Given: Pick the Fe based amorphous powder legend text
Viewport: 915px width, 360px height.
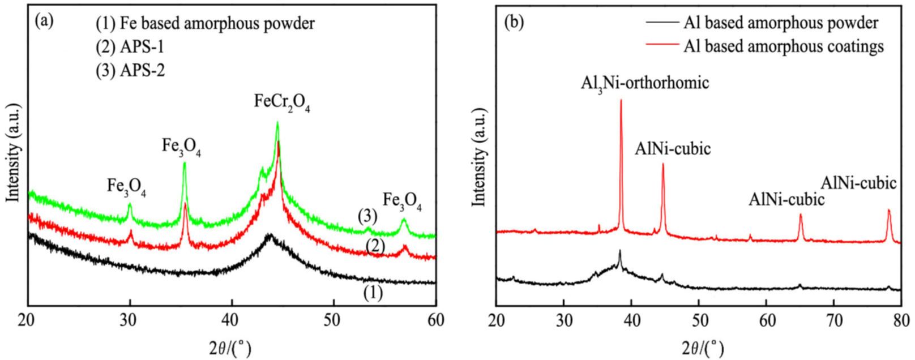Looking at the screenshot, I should [206, 24].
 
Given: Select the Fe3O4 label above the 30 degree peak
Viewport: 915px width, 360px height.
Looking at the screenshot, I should [127, 186].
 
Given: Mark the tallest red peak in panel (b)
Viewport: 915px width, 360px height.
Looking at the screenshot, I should [621, 101].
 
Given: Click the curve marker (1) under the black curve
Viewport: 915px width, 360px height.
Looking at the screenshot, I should [372, 293].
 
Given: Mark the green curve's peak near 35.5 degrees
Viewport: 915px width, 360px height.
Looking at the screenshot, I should [185, 164].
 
